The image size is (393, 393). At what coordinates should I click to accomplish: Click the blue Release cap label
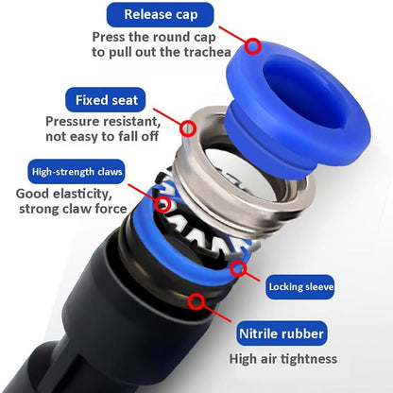tap(161, 15)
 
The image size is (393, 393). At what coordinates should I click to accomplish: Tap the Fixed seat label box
tap(106, 100)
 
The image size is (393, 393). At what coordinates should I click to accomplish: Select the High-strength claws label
tap(77, 172)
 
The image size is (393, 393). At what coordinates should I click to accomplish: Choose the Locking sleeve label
tap(300, 287)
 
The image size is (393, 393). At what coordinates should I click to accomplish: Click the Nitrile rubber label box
tap(282, 333)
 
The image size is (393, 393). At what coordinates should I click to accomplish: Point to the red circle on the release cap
tap(253, 46)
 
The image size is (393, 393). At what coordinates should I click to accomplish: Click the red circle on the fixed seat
tap(188, 128)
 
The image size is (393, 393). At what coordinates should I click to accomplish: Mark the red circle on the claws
tap(162, 204)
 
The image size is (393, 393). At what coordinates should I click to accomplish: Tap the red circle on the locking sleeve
tap(238, 268)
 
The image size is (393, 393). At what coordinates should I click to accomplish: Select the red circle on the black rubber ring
tap(196, 301)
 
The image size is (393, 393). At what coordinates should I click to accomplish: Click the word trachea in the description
tap(207, 52)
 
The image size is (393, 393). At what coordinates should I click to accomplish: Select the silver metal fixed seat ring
tap(239, 177)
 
